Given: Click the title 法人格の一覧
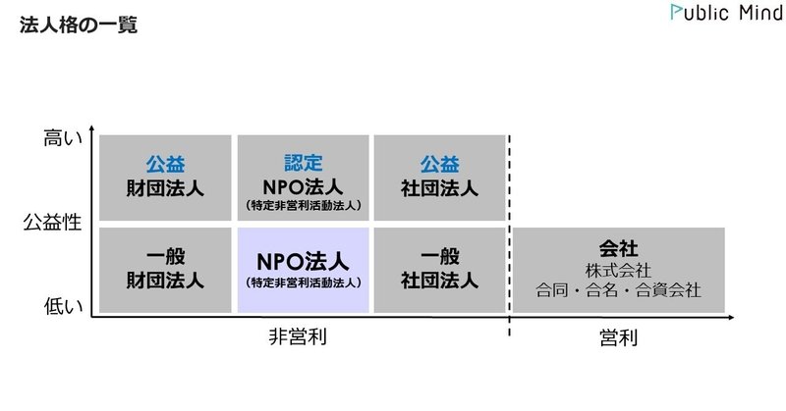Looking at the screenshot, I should click(x=78, y=26).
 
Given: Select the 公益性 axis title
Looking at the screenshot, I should click(x=51, y=223).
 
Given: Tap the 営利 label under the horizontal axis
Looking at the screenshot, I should click(x=618, y=338).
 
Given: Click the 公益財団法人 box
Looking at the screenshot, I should click(x=165, y=178).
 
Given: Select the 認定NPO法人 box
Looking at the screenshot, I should click(x=303, y=178).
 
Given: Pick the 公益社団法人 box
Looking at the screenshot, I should click(x=439, y=178).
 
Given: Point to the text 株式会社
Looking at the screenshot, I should click(x=619, y=269).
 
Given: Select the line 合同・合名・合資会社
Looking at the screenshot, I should click(x=619, y=290).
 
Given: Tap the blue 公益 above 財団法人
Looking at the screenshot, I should click(x=165, y=163).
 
